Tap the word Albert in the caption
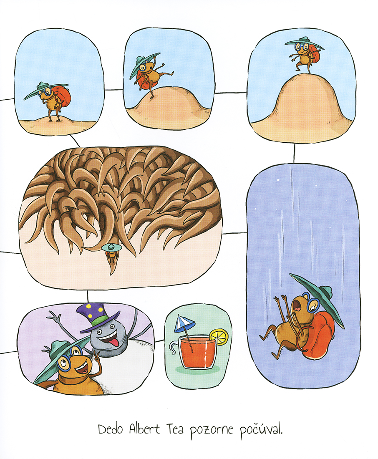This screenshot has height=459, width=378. (x=145, y=429)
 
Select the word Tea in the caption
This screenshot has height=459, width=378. (x=175, y=429)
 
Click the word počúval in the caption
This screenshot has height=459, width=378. (x=261, y=430)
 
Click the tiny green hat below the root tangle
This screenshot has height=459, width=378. (x=111, y=247)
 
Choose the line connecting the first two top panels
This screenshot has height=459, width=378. (x=114, y=90)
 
